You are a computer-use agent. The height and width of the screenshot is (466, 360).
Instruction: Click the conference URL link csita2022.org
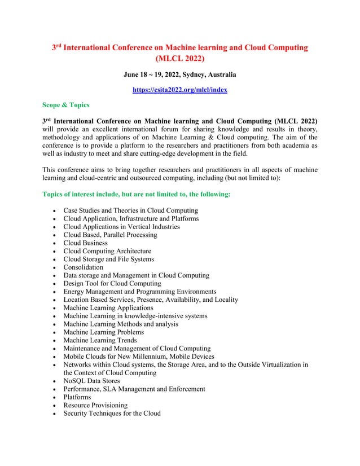click(179, 89)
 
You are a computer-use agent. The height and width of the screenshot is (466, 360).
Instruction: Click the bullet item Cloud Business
click(85, 243)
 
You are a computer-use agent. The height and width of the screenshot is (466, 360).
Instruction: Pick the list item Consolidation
click(83, 267)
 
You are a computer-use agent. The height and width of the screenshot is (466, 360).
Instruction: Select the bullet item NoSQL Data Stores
click(91, 381)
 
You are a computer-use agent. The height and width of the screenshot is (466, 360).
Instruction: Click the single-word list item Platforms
click(77, 397)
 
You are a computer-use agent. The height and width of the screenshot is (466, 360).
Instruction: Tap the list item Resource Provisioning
click(95, 405)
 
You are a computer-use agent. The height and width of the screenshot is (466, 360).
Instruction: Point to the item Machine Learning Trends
click(100, 340)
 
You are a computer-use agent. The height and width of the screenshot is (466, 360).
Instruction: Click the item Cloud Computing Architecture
click(107, 250)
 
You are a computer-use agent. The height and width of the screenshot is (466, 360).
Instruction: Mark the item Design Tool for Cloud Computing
click(112, 283)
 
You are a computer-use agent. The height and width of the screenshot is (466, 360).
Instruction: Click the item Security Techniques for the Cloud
click(112, 413)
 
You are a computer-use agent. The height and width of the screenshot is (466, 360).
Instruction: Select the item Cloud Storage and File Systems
click(108, 259)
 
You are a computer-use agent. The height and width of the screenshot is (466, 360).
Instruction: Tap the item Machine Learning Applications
click(108, 307)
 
